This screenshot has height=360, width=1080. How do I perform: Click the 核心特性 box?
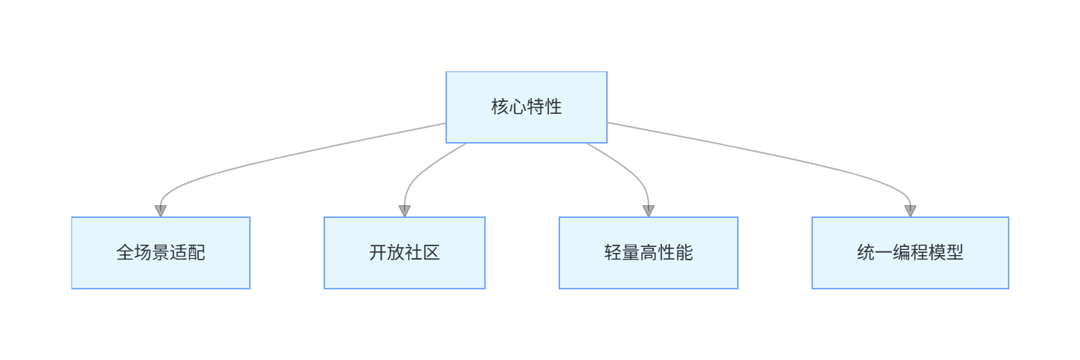527,107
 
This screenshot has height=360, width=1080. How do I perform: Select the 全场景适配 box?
161,253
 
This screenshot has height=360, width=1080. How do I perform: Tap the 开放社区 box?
405,253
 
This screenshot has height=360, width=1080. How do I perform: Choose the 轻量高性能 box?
649,253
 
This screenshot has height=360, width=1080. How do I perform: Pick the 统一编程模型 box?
910,253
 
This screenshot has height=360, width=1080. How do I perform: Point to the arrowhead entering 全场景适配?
161,211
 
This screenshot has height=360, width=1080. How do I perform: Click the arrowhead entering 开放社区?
405,211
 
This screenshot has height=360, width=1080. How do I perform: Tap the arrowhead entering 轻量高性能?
649,211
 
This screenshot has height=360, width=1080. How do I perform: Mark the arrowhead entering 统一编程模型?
910,211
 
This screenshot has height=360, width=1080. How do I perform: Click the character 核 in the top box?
500,107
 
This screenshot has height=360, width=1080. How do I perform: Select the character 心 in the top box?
518,107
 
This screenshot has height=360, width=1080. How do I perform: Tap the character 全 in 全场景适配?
125,253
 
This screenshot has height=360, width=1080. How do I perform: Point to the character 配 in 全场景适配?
196,253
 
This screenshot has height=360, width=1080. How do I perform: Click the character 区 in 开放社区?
431,253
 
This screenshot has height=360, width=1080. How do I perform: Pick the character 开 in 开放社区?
378,253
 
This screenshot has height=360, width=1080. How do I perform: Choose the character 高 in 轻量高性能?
649,253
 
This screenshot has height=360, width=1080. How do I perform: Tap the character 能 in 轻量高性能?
684,253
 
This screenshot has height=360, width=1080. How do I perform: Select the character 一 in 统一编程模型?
884,253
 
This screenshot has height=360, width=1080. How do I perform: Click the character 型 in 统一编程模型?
955,253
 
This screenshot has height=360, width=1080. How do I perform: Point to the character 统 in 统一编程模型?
866,253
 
